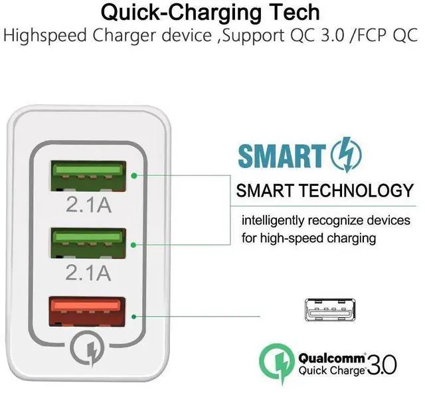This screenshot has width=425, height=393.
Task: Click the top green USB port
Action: (x=88, y=176)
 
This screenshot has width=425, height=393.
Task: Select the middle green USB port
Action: (x=88, y=243)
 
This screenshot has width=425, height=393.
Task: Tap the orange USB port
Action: (x=87, y=312)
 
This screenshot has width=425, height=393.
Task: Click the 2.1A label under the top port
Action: (x=88, y=204)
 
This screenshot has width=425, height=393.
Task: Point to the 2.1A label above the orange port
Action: (x=88, y=272)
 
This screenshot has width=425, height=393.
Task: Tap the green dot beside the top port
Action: (x=134, y=176)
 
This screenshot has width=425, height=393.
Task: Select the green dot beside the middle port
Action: (x=133, y=245)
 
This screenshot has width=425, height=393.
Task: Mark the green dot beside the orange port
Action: (x=133, y=317)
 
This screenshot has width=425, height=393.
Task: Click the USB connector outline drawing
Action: (x=330, y=310)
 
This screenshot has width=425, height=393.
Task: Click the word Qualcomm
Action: (x=332, y=358)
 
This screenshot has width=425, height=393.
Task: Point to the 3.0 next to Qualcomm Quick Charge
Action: (x=382, y=365)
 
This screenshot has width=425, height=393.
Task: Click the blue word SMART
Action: (x=282, y=156)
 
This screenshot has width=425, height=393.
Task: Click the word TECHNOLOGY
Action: (x=357, y=191)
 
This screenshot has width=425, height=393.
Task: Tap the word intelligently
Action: (x=273, y=221)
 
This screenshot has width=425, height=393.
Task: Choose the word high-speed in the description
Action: (x=292, y=239)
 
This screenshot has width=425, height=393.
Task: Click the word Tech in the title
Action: (x=295, y=12)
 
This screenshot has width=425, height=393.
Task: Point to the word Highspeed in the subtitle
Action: (x=45, y=36)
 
